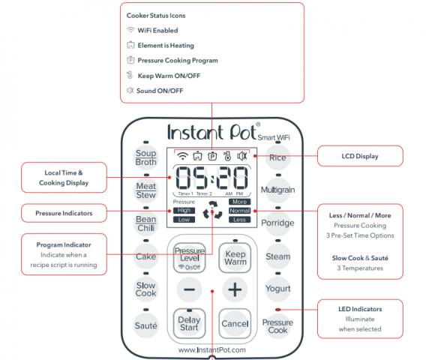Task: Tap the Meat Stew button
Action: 145,190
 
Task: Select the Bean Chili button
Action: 145,223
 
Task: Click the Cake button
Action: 145,256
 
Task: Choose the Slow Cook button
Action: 145,289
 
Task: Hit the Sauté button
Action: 145,325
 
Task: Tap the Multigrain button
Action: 277,190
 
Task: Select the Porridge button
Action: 277,223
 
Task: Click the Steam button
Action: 277,256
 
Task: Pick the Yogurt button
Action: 277,289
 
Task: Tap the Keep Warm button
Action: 235,258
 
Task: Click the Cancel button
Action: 235,323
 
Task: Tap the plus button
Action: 235,290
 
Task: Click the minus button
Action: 190,290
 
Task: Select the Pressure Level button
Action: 190,258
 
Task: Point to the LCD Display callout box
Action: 361,156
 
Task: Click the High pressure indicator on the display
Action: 183,211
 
